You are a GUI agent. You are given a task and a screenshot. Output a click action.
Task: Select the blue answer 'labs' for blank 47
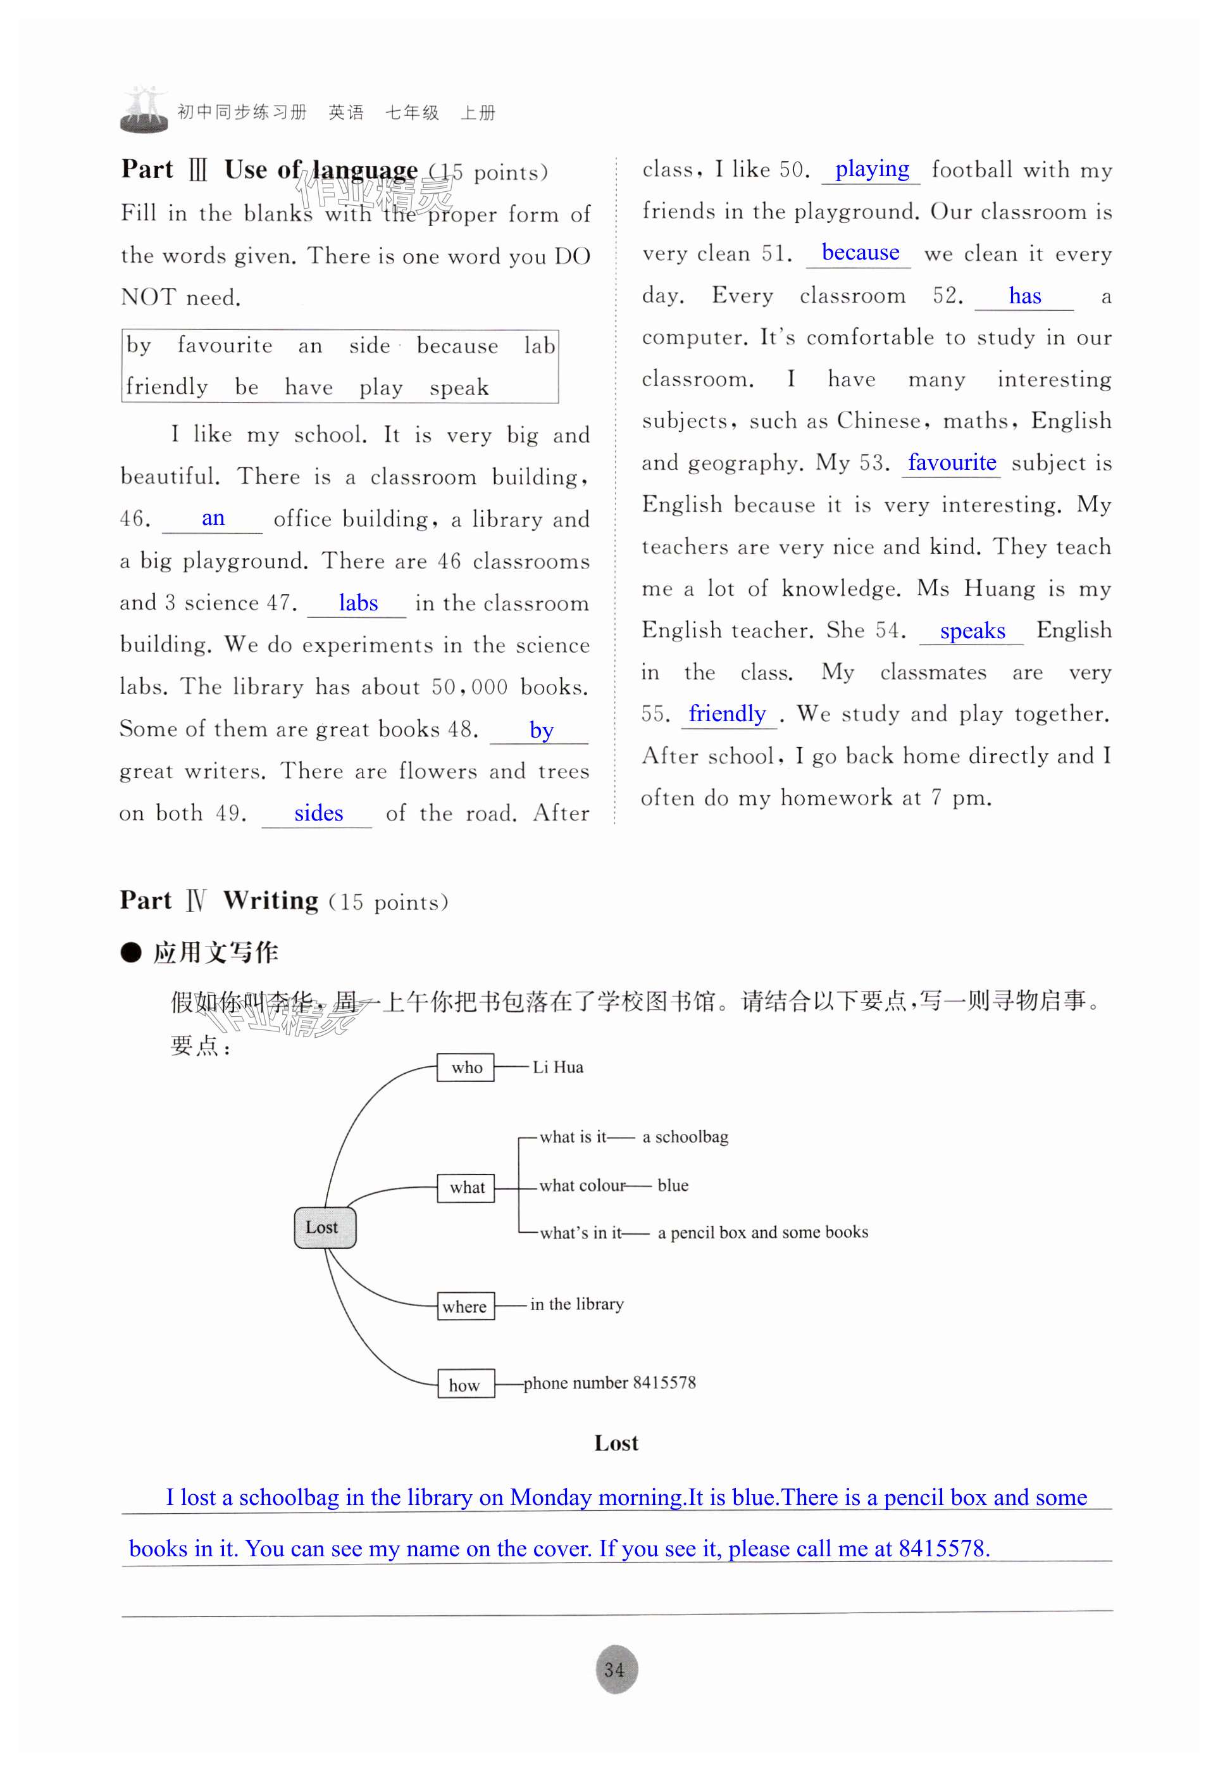[x=358, y=603]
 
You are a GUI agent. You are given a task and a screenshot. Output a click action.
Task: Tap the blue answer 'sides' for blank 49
[x=318, y=813]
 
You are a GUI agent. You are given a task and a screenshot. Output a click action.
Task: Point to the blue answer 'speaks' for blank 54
[x=973, y=631]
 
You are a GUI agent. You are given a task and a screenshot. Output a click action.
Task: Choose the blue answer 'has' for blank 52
[x=1024, y=296]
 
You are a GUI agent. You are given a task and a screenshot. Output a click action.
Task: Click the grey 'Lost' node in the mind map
[x=325, y=1227]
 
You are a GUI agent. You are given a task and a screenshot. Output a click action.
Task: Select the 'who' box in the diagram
[x=466, y=1067]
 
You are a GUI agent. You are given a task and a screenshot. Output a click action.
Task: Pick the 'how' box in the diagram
[x=465, y=1385]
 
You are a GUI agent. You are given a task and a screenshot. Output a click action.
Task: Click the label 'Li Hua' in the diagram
[x=558, y=1067]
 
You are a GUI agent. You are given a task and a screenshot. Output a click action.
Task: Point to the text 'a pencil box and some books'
[x=762, y=1231]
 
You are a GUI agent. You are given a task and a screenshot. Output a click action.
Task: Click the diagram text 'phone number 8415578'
[x=610, y=1383]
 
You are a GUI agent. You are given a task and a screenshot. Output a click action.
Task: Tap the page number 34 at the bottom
[x=614, y=1670]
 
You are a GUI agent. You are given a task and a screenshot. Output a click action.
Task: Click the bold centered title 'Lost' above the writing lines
[x=616, y=1443]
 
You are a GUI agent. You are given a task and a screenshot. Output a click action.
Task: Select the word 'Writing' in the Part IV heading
[x=270, y=901]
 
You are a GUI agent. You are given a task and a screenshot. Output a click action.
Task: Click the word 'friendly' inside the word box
[x=167, y=386]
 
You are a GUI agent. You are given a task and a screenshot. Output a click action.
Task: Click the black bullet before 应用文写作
[x=131, y=952]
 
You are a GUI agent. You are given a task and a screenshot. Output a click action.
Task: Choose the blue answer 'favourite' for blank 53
[x=952, y=463]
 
